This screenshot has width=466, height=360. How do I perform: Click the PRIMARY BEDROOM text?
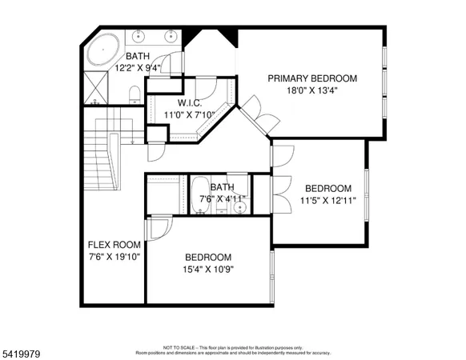[x=312, y=78]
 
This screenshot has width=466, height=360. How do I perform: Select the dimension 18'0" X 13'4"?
[x=312, y=91]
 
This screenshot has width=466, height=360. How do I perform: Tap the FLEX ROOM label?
[x=114, y=245]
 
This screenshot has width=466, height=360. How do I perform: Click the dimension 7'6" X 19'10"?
[x=114, y=257]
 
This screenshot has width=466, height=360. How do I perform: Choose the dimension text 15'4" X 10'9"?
[x=208, y=269]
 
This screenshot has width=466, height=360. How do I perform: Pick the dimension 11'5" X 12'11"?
[x=327, y=200]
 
